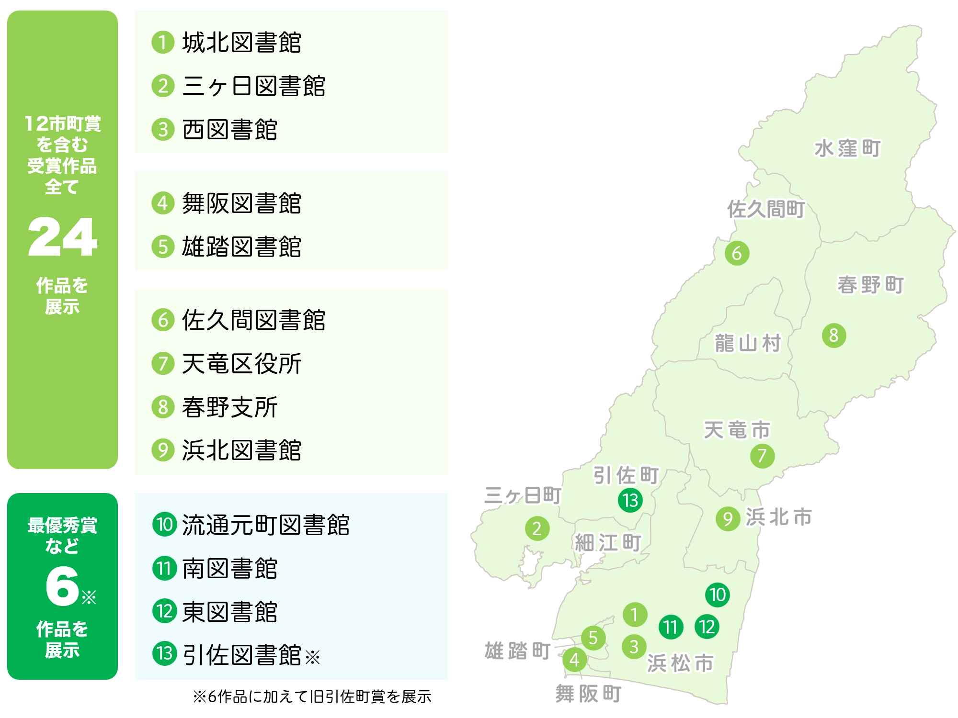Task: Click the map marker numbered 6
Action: click(737, 253)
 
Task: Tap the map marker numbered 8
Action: click(834, 336)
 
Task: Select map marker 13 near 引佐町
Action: click(630, 500)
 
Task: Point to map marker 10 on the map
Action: click(718, 595)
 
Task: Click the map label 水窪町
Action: click(847, 148)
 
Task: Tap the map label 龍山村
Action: click(748, 343)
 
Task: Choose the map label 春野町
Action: click(870, 285)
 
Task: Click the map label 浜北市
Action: click(779, 517)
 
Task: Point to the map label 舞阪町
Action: click(588, 694)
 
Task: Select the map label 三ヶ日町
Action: click(523, 495)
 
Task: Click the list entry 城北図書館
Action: click(241, 42)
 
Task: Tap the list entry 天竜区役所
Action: click(241, 363)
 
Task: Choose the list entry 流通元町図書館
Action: click(266, 525)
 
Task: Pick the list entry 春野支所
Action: click(229, 407)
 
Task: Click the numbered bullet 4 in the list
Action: click(163, 203)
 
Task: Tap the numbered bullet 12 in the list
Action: click(164, 611)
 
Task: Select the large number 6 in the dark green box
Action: click(63, 586)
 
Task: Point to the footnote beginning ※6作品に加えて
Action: click(312, 696)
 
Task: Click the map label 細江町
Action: click(608, 543)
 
